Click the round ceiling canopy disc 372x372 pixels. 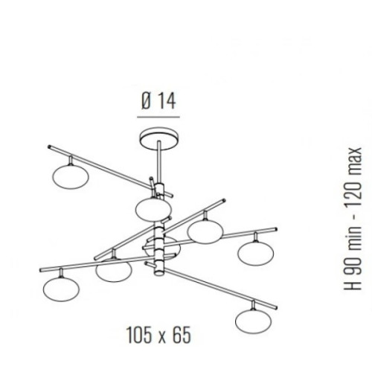click(159, 138)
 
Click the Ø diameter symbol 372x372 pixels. click(147, 101)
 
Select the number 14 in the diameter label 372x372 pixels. click(167, 101)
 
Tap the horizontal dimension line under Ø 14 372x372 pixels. click(158, 117)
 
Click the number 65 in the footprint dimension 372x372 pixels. click(182, 335)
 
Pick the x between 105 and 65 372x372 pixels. click(162, 337)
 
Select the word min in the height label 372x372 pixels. click(353, 235)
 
